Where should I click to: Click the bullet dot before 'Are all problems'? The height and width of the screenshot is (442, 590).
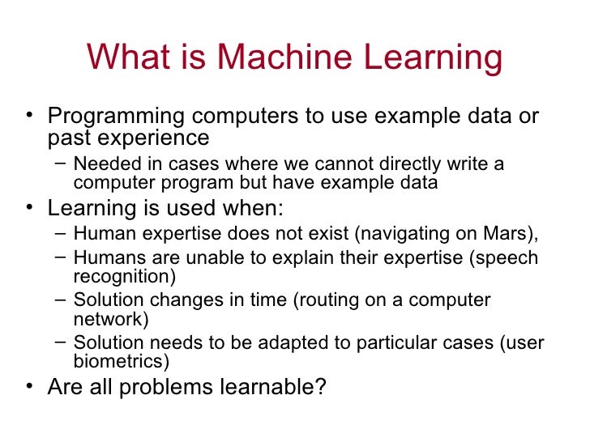(31, 387)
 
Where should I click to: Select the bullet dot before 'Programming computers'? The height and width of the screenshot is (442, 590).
(31, 116)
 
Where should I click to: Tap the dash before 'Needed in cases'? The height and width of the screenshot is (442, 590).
(62, 164)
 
